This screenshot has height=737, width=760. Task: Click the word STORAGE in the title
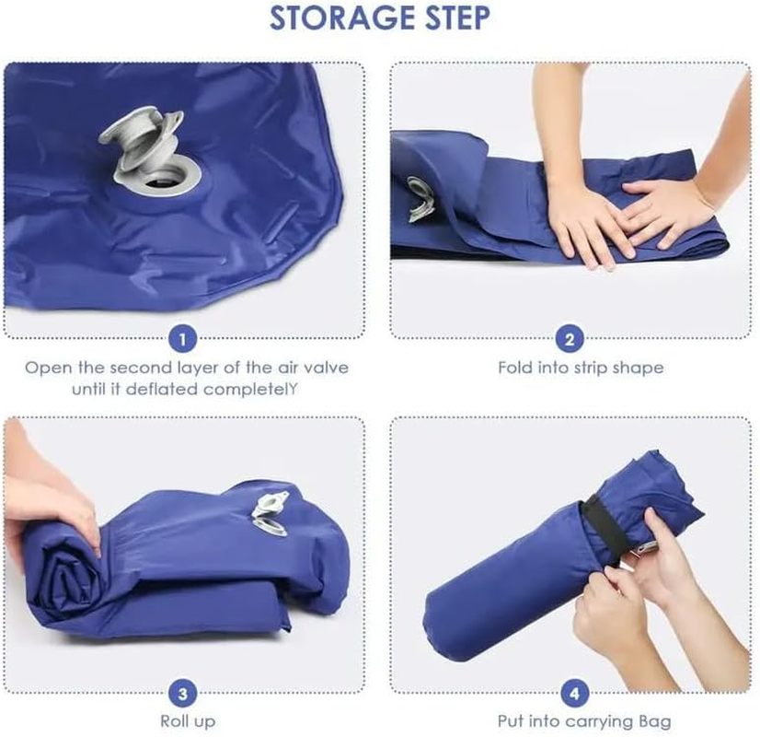(334, 18)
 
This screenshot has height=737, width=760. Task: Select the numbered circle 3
(183, 693)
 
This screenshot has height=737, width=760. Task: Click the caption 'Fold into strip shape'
(581, 368)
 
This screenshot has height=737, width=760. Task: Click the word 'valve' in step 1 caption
(326, 368)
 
